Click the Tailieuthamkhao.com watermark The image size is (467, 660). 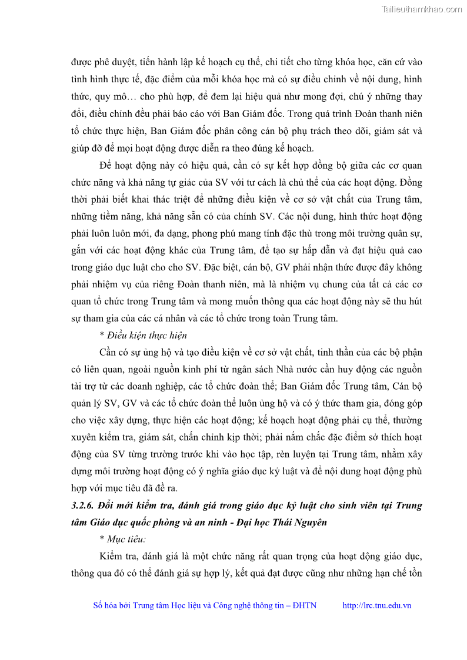[421, 9]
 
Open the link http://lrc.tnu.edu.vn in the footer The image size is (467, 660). [376, 606]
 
